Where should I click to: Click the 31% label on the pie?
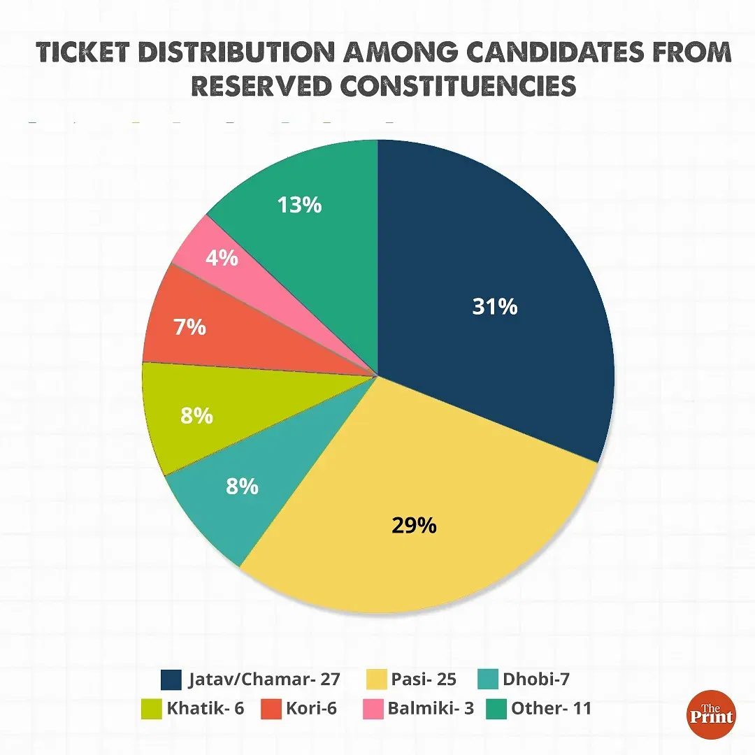click(x=494, y=306)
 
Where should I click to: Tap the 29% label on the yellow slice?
click(x=414, y=525)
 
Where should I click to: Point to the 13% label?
click(x=299, y=205)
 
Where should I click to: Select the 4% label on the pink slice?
click(x=222, y=258)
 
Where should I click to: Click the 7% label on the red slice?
click(x=190, y=326)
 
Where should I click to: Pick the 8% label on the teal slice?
click(x=242, y=485)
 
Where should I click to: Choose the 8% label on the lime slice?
click(x=196, y=416)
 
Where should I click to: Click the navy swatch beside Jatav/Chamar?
click(x=171, y=678)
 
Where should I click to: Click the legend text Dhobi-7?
click(x=531, y=678)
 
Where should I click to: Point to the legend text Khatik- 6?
click(x=205, y=708)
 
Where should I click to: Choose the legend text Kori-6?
click(x=311, y=708)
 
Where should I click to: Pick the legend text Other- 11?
click(x=551, y=708)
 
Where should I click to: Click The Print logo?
click(x=710, y=714)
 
